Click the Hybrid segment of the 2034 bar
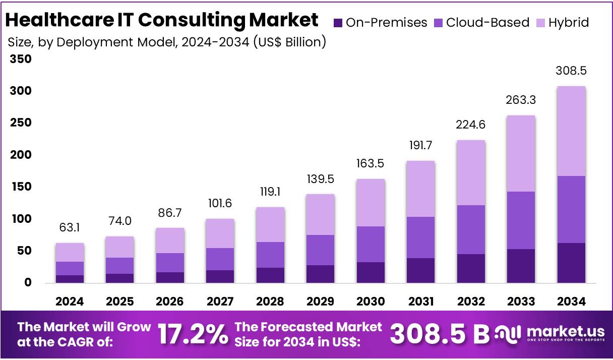click(x=571, y=131)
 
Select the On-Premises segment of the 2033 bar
click(x=521, y=266)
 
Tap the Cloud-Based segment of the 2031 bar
click(x=420, y=237)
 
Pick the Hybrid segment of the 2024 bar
click(x=70, y=252)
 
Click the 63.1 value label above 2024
click(x=70, y=228)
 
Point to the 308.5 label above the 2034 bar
click(x=571, y=71)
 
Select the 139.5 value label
click(x=320, y=179)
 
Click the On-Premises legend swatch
click(x=338, y=23)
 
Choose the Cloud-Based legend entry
click(x=482, y=23)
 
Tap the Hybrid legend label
click(x=569, y=23)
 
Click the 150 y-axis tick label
click(x=21, y=187)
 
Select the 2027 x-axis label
click(x=220, y=302)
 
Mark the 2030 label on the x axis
click(x=371, y=302)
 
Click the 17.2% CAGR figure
click(x=193, y=334)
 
